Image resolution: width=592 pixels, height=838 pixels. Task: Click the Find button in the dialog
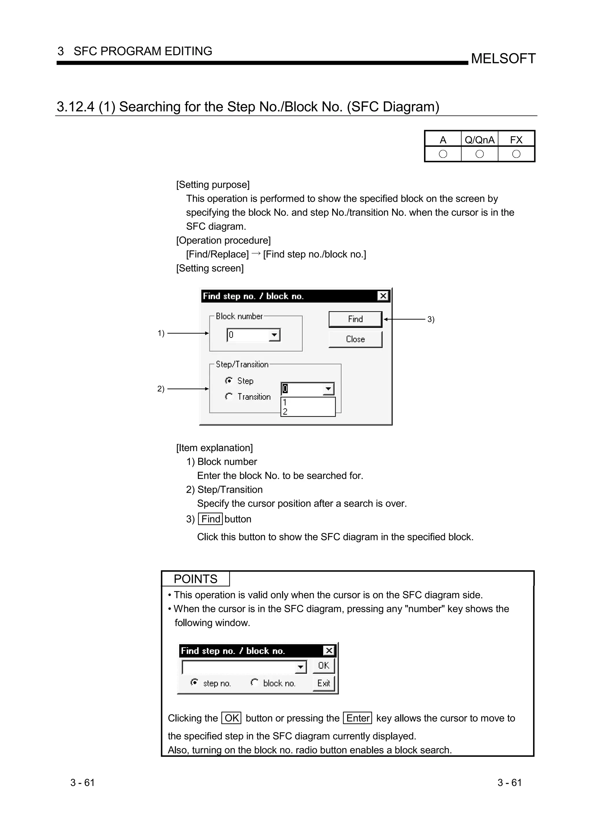(x=355, y=319)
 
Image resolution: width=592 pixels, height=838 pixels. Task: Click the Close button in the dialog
(x=355, y=339)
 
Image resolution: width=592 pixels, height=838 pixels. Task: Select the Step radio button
(x=229, y=381)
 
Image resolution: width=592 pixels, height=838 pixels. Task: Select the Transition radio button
(x=229, y=396)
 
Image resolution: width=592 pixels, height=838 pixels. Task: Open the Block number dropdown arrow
(x=274, y=335)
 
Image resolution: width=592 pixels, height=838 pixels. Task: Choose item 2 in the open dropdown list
(x=285, y=412)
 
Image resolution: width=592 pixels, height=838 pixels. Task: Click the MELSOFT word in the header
(x=503, y=58)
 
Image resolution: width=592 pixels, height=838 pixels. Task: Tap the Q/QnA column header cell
(x=479, y=140)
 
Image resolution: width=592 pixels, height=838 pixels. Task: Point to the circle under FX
(x=516, y=154)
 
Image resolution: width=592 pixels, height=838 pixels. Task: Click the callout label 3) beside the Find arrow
(x=431, y=319)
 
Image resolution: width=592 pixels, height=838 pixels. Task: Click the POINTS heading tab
(x=195, y=579)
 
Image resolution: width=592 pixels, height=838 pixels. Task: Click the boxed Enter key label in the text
(x=358, y=718)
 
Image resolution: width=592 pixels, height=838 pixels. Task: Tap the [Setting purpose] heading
(x=213, y=185)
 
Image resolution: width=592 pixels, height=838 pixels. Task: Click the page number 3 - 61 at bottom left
(x=82, y=782)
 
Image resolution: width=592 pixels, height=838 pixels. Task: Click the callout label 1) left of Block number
(x=161, y=333)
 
